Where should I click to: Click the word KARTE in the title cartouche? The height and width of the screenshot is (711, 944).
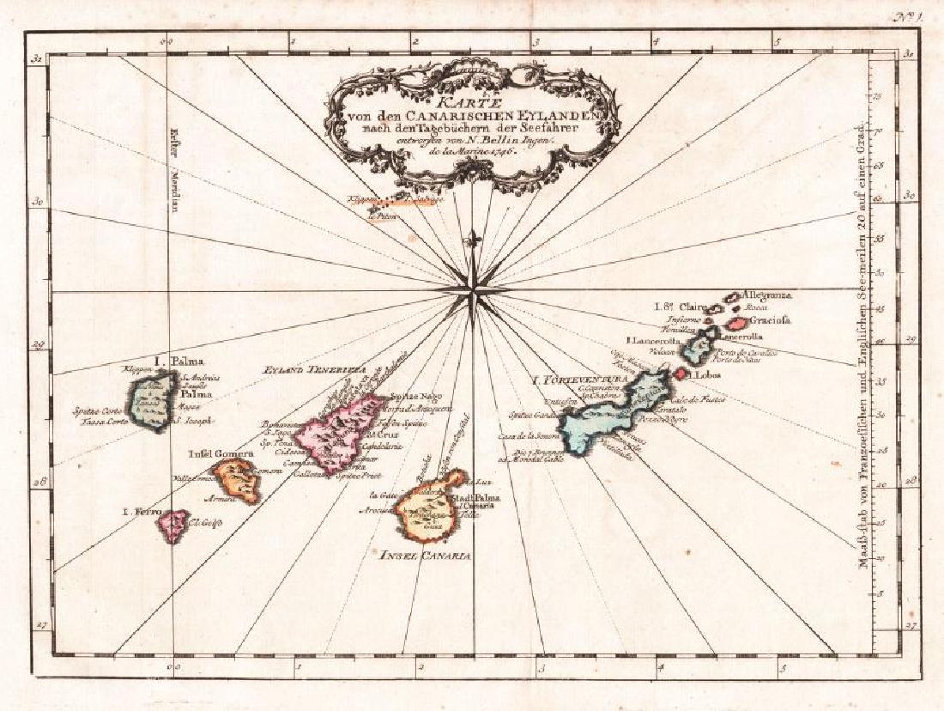click(x=461, y=100)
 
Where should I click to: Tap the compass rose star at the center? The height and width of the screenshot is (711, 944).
click(x=471, y=292)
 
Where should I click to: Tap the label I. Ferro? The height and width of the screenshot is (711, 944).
click(x=141, y=513)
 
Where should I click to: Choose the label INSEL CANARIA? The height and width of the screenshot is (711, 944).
click(x=426, y=556)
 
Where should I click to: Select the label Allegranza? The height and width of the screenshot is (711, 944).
click(x=765, y=295)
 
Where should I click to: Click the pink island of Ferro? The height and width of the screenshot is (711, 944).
click(x=176, y=526)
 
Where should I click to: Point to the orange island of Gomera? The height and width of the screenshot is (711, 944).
click(x=236, y=481)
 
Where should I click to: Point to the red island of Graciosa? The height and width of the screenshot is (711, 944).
click(x=737, y=324)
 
